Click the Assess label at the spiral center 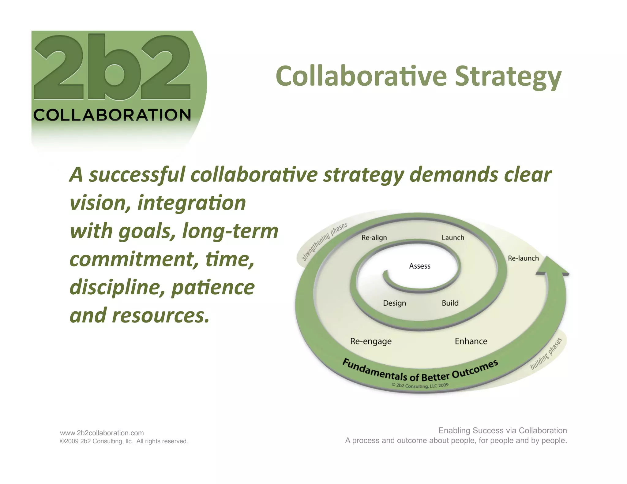pos(419,266)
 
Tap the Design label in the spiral pos(394,303)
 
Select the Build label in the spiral pos(450,303)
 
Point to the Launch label pos(453,238)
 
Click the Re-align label pos(374,238)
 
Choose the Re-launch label pos(523,258)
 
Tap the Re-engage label pos(371,341)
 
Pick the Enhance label pos(471,341)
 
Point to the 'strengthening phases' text pos(325,241)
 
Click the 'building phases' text pos(546,354)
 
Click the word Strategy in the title pos(508,76)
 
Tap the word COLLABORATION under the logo pos(112,115)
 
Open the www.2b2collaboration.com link pos(102,433)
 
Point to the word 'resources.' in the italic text pos(161,315)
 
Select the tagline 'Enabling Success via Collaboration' pos(502,430)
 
